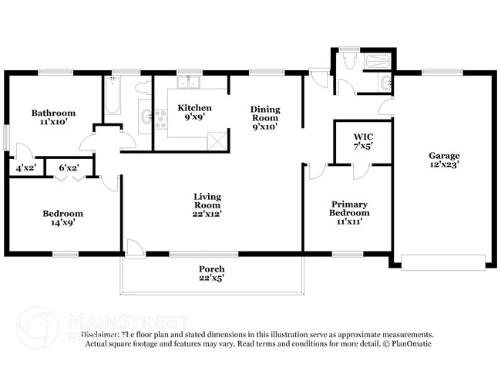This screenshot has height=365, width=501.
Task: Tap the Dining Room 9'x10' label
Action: (264, 118)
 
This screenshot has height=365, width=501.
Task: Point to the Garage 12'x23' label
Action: (444, 160)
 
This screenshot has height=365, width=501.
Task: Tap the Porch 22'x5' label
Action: (211, 273)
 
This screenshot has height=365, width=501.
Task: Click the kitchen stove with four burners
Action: (161, 118)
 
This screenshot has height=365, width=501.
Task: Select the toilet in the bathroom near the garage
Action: (349, 63)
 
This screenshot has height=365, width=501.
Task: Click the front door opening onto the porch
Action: (134, 247)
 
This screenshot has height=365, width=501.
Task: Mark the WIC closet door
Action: (359, 170)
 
